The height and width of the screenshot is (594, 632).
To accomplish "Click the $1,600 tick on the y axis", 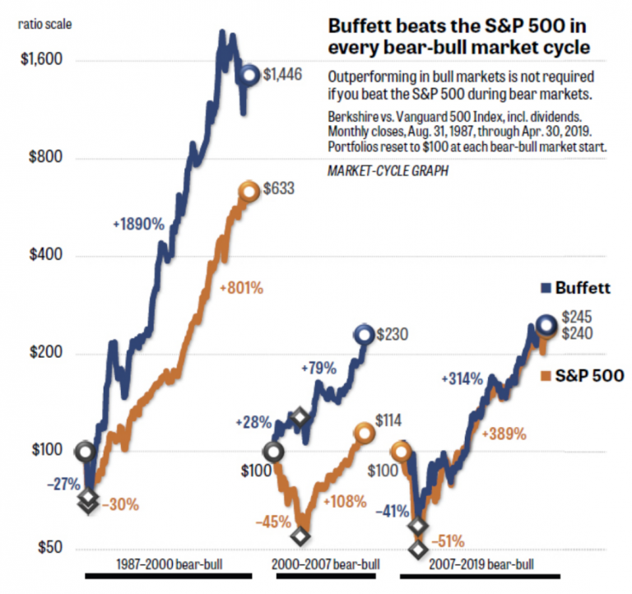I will coord(35,61).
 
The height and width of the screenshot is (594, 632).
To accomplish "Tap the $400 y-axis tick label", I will coord(35,256).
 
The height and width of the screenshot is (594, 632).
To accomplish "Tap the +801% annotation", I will coord(241,288).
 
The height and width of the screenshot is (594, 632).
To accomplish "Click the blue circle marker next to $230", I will coord(364,334).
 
